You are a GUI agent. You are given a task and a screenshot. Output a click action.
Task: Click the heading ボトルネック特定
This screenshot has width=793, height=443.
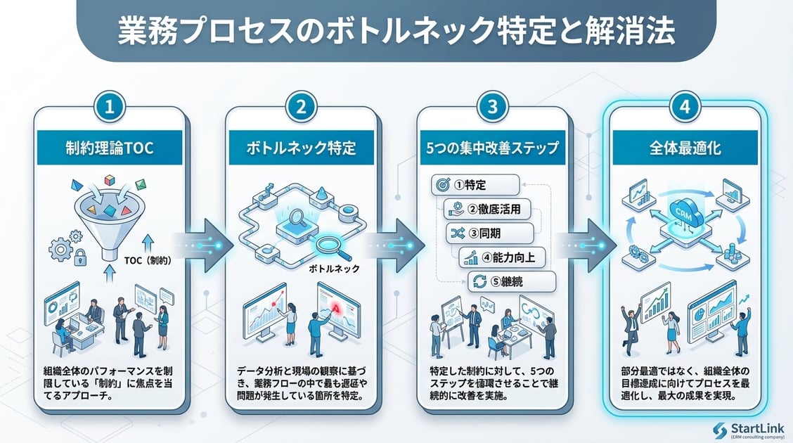pyautogui.click(x=301, y=149)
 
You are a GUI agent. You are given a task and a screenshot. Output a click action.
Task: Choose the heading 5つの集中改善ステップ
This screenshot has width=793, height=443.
pyautogui.click(x=493, y=149)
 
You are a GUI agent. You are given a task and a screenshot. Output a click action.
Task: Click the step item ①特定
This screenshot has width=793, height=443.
pyautogui.click(x=475, y=186)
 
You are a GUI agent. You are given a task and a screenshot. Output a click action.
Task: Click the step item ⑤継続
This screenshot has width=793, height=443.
pyautogui.click(x=512, y=282)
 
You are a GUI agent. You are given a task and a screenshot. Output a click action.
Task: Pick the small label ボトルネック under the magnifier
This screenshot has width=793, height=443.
pyautogui.click(x=334, y=269)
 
